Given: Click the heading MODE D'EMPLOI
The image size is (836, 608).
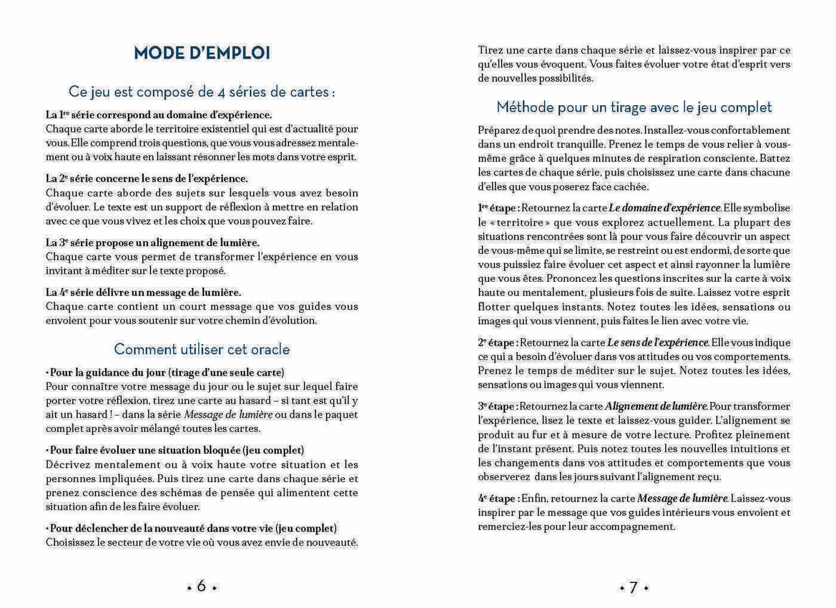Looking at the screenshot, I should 202,53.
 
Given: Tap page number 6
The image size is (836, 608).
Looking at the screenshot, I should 201,586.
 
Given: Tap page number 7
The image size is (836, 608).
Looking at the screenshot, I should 634,587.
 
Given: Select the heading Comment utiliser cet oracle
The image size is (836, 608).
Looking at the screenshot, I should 202,349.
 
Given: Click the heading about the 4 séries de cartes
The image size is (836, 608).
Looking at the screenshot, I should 202,92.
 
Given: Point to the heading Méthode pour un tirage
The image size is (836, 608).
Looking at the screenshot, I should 634,108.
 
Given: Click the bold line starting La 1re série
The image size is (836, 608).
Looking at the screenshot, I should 159,115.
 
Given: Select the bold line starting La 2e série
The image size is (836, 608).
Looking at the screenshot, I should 147,179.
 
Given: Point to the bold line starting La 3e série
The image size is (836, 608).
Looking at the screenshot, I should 153,243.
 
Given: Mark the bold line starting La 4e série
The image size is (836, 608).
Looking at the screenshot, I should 143,293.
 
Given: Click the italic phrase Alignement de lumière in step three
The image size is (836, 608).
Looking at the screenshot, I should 656,407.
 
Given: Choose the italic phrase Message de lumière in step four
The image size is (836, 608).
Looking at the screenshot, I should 683,499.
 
